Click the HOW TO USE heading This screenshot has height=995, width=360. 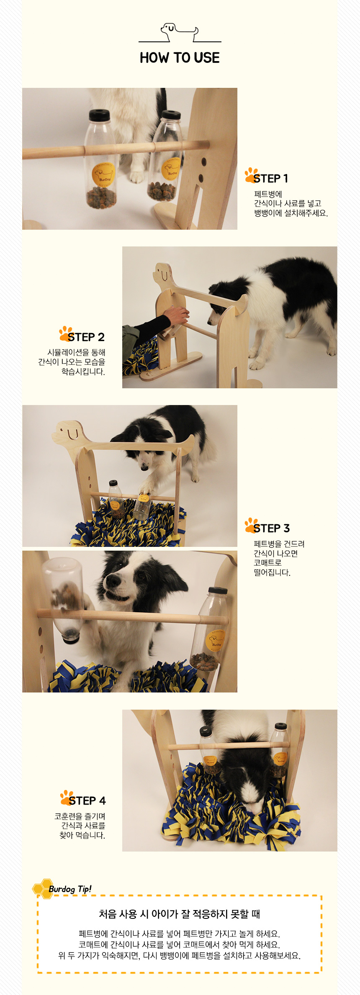coord(180,58)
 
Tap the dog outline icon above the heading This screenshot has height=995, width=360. coord(180,33)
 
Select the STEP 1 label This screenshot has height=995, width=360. coord(270,179)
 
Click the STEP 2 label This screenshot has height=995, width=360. coord(86,337)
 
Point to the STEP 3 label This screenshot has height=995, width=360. coord(271,528)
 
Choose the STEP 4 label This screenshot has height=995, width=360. coord(87,801)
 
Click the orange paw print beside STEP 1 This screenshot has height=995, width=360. coord(252,174)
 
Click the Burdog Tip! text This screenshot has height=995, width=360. coord(70,889)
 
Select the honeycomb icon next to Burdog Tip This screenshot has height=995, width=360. coord(42,888)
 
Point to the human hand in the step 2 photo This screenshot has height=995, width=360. coord(176,315)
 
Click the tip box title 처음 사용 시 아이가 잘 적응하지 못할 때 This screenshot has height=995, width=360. coord(180,914)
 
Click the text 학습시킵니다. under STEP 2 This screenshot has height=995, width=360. coord(83,372)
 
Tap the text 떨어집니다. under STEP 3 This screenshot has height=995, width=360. coord(272,572)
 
